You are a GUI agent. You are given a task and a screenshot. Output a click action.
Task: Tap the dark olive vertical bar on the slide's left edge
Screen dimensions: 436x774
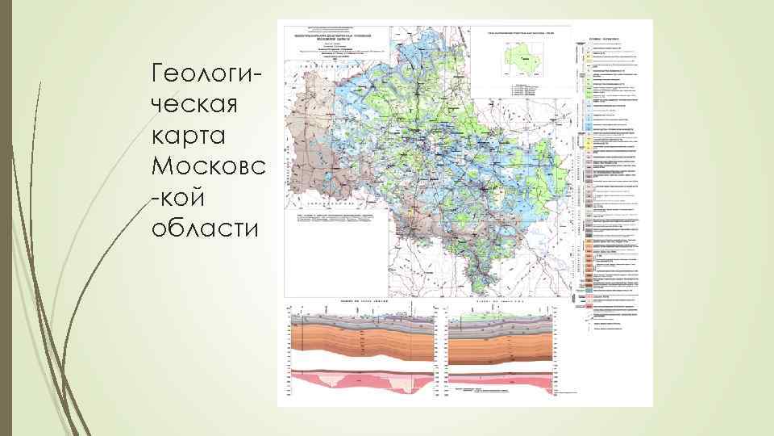(5, 218)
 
